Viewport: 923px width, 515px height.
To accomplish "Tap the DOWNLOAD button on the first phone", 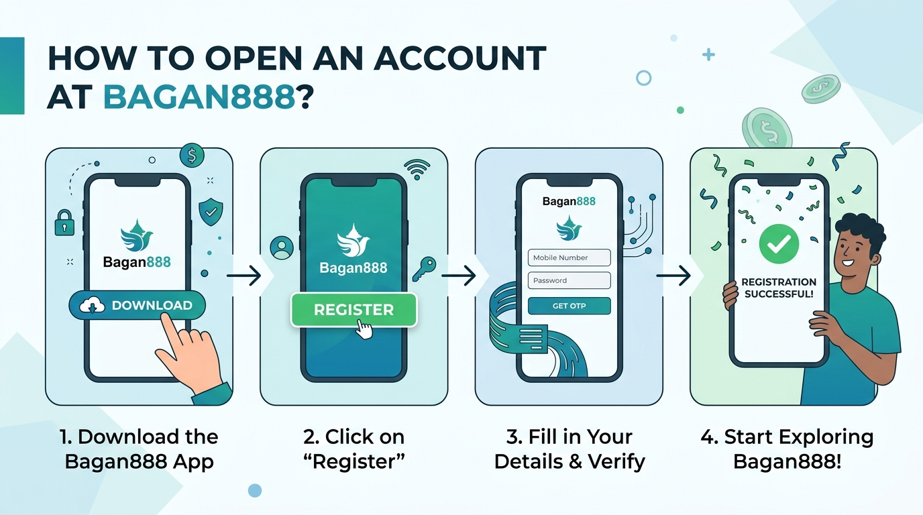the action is pos(137,305).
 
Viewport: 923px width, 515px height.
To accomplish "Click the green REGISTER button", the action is pos(354,310).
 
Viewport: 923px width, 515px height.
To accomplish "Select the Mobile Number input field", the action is pos(569,257).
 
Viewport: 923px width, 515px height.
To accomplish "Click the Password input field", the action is pos(569,280).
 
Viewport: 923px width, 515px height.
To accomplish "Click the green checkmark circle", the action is pos(779,244).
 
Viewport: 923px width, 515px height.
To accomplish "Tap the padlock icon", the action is pos(64,223).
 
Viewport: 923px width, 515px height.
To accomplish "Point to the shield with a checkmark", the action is pos(211,212).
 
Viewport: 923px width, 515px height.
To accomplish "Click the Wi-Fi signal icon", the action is pos(417,170).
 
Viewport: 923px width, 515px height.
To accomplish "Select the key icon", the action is pos(424,269).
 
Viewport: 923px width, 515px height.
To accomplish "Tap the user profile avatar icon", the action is pos(282,247).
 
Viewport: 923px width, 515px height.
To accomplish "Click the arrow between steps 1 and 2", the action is pos(244,276).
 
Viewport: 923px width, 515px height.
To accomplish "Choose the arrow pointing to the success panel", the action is pos(673,276).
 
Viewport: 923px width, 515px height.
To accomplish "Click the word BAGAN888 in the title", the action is pos(199,98).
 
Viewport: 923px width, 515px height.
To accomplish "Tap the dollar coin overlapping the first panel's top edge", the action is pos(192,156).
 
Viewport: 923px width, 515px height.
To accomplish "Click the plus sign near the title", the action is pos(708,54).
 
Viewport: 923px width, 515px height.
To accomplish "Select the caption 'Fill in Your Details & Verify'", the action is pos(569,449).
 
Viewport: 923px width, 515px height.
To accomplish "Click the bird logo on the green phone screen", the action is pos(353,241).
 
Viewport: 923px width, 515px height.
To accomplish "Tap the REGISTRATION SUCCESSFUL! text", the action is pos(779,288).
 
